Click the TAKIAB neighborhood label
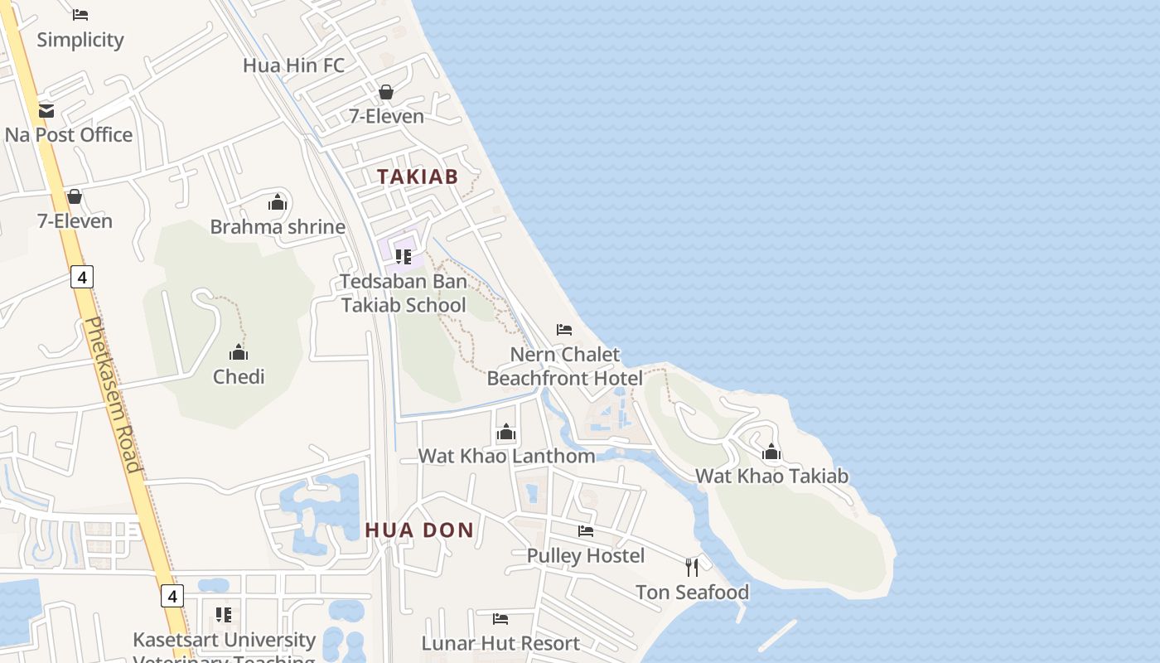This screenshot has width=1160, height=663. click(418, 177)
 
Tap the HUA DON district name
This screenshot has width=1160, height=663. click(419, 530)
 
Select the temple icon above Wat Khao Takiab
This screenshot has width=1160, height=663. click(771, 452)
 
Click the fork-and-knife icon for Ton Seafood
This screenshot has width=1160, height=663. click(692, 568)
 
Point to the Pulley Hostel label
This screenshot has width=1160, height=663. click(586, 555)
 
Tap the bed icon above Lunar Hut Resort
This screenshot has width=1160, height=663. click(500, 619)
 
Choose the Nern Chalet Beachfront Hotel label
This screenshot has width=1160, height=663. click(565, 366)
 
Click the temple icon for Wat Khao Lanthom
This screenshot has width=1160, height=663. click(506, 433)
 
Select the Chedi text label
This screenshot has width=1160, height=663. click(239, 377)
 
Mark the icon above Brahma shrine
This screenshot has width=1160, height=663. click(278, 202)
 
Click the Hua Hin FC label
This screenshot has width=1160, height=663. click(293, 65)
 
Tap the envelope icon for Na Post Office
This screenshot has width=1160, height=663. click(46, 110)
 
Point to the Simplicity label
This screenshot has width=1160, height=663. click(80, 40)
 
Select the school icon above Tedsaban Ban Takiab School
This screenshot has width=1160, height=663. click(404, 257)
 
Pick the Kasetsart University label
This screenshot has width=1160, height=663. click(225, 641)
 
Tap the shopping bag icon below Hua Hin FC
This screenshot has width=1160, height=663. click(386, 92)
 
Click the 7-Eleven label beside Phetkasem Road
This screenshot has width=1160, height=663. click(75, 221)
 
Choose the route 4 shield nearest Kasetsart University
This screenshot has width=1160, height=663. click(172, 596)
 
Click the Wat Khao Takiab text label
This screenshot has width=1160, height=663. click(771, 477)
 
